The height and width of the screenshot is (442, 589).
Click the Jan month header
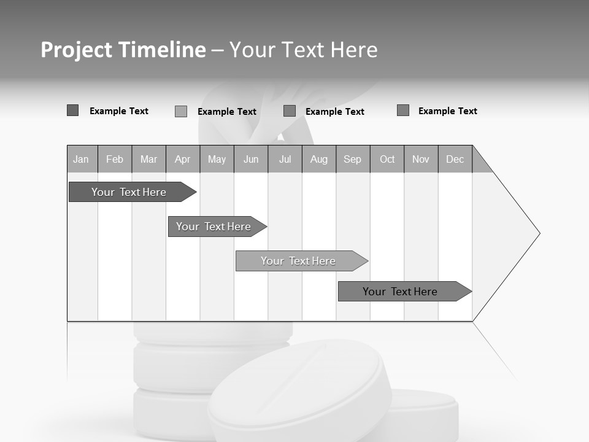point(82,159)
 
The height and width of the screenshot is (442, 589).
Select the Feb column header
point(115,159)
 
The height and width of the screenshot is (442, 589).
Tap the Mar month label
point(148,159)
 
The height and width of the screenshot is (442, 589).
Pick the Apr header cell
point(183,159)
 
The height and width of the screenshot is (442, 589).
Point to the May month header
point(217,159)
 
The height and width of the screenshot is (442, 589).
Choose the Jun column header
point(251,159)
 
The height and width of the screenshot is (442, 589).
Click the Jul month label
point(285,159)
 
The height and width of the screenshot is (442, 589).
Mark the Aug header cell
point(319,159)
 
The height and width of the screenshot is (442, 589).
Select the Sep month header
point(353,159)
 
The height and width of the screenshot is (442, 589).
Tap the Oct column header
point(387,159)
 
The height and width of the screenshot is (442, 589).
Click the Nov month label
point(421,159)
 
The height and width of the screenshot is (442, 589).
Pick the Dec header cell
point(455,159)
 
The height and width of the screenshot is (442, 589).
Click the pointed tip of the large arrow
point(538,233)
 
